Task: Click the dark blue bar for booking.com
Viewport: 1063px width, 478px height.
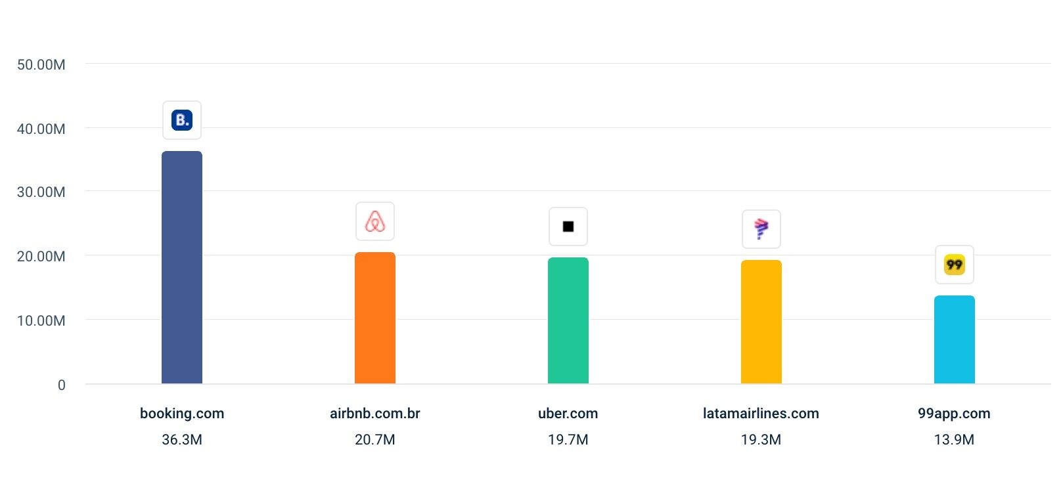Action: [182, 267]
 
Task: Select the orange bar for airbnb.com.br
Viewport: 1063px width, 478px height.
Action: [375, 318]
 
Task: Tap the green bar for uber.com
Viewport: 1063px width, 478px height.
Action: [568, 320]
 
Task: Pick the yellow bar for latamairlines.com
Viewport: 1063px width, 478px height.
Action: [761, 322]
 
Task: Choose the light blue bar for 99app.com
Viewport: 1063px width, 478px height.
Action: [955, 339]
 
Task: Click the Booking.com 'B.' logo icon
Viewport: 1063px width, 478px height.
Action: [182, 120]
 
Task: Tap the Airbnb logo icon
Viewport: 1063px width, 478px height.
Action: [375, 221]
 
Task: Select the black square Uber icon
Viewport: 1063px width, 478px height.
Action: [568, 227]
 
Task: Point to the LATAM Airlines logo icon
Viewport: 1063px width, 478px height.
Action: [761, 229]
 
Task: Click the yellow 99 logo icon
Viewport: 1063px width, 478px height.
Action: [955, 265]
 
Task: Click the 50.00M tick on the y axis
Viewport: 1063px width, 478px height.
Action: [41, 65]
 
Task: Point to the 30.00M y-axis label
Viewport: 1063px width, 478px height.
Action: [41, 192]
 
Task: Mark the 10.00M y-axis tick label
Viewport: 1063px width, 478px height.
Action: [41, 321]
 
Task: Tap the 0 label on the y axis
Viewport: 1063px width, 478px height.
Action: [62, 385]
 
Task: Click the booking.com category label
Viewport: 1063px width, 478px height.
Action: [182, 414]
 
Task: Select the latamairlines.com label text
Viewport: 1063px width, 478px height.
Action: [761, 414]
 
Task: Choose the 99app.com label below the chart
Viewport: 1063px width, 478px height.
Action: [954, 414]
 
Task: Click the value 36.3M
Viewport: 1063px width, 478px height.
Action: [182, 440]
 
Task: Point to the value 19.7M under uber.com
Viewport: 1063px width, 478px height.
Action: [568, 440]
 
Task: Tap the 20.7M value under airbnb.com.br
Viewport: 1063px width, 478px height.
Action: [375, 440]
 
